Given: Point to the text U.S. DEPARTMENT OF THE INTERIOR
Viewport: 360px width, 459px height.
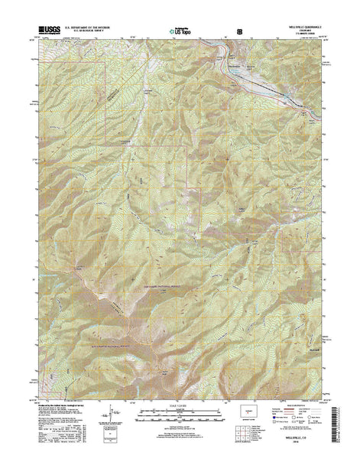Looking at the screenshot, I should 89,26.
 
